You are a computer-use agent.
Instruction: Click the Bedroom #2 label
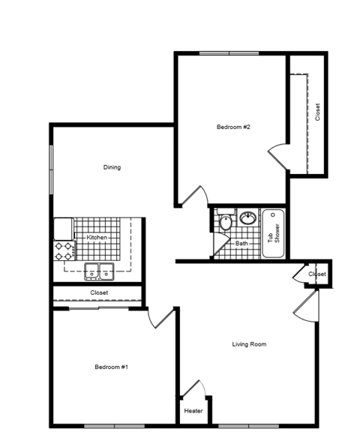click(232, 127)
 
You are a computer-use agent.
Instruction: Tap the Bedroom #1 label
click(112, 367)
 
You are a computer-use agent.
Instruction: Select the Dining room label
click(112, 167)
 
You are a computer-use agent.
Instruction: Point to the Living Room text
click(249, 344)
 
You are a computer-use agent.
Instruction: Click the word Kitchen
click(97, 237)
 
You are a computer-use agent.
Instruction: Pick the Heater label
click(193, 412)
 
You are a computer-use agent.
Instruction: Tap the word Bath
click(241, 243)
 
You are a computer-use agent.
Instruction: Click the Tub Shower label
click(273, 233)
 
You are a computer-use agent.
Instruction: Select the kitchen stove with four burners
click(64, 250)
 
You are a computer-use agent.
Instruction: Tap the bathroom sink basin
click(247, 219)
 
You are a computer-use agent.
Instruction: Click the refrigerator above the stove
click(62, 227)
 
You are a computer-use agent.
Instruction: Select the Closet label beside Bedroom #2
click(317, 112)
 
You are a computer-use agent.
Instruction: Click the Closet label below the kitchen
click(99, 292)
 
